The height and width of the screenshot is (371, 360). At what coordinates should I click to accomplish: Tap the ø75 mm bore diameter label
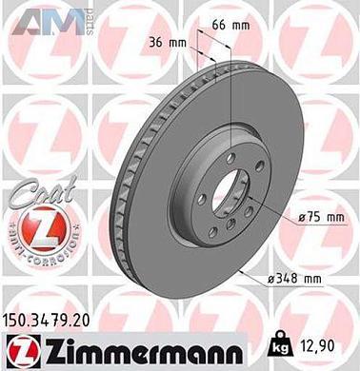pyautogui.click(x=319, y=218)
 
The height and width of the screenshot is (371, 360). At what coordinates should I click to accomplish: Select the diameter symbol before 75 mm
pyautogui.click(x=301, y=218)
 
